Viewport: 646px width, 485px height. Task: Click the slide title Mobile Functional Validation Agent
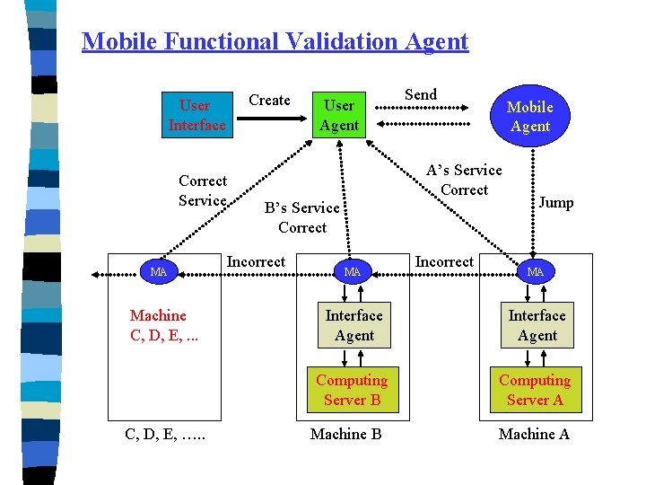pyautogui.click(x=275, y=41)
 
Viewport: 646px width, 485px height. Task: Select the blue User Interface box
pyautogui.click(x=196, y=115)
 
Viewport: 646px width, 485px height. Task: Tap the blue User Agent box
pyautogui.click(x=339, y=116)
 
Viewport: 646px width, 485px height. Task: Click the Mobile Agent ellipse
pyautogui.click(x=529, y=117)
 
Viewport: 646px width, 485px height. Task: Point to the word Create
pyautogui.click(x=269, y=100)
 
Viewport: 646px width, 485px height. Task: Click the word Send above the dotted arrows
pyautogui.click(x=421, y=94)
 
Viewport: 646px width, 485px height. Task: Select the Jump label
pyautogui.click(x=555, y=202)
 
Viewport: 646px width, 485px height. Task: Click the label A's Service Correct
pyautogui.click(x=464, y=180)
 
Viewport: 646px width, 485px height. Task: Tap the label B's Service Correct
pyautogui.click(x=302, y=217)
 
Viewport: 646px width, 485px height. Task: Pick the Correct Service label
pyautogui.click(x=203, y=190)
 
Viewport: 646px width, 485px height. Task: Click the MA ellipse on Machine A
pyautogui.click(x=536, y=271)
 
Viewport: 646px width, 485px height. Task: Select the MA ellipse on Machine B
pyautogui.click(x=353, y=271)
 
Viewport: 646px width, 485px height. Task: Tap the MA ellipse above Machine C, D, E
pyautogui.click(x=159, y=271)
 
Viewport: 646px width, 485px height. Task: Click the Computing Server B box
pyautogui.click(x=352, y=390)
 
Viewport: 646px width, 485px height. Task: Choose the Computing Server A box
pyautogui.click(x=535, y=390)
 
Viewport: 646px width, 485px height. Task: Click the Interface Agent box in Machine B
pyautogui.click(x=354, y=325)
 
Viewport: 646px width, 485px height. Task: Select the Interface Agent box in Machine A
pyautogui.click(x=537, y=325)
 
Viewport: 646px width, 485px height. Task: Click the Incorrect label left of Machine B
pyautogui.click(x=256, y=261)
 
